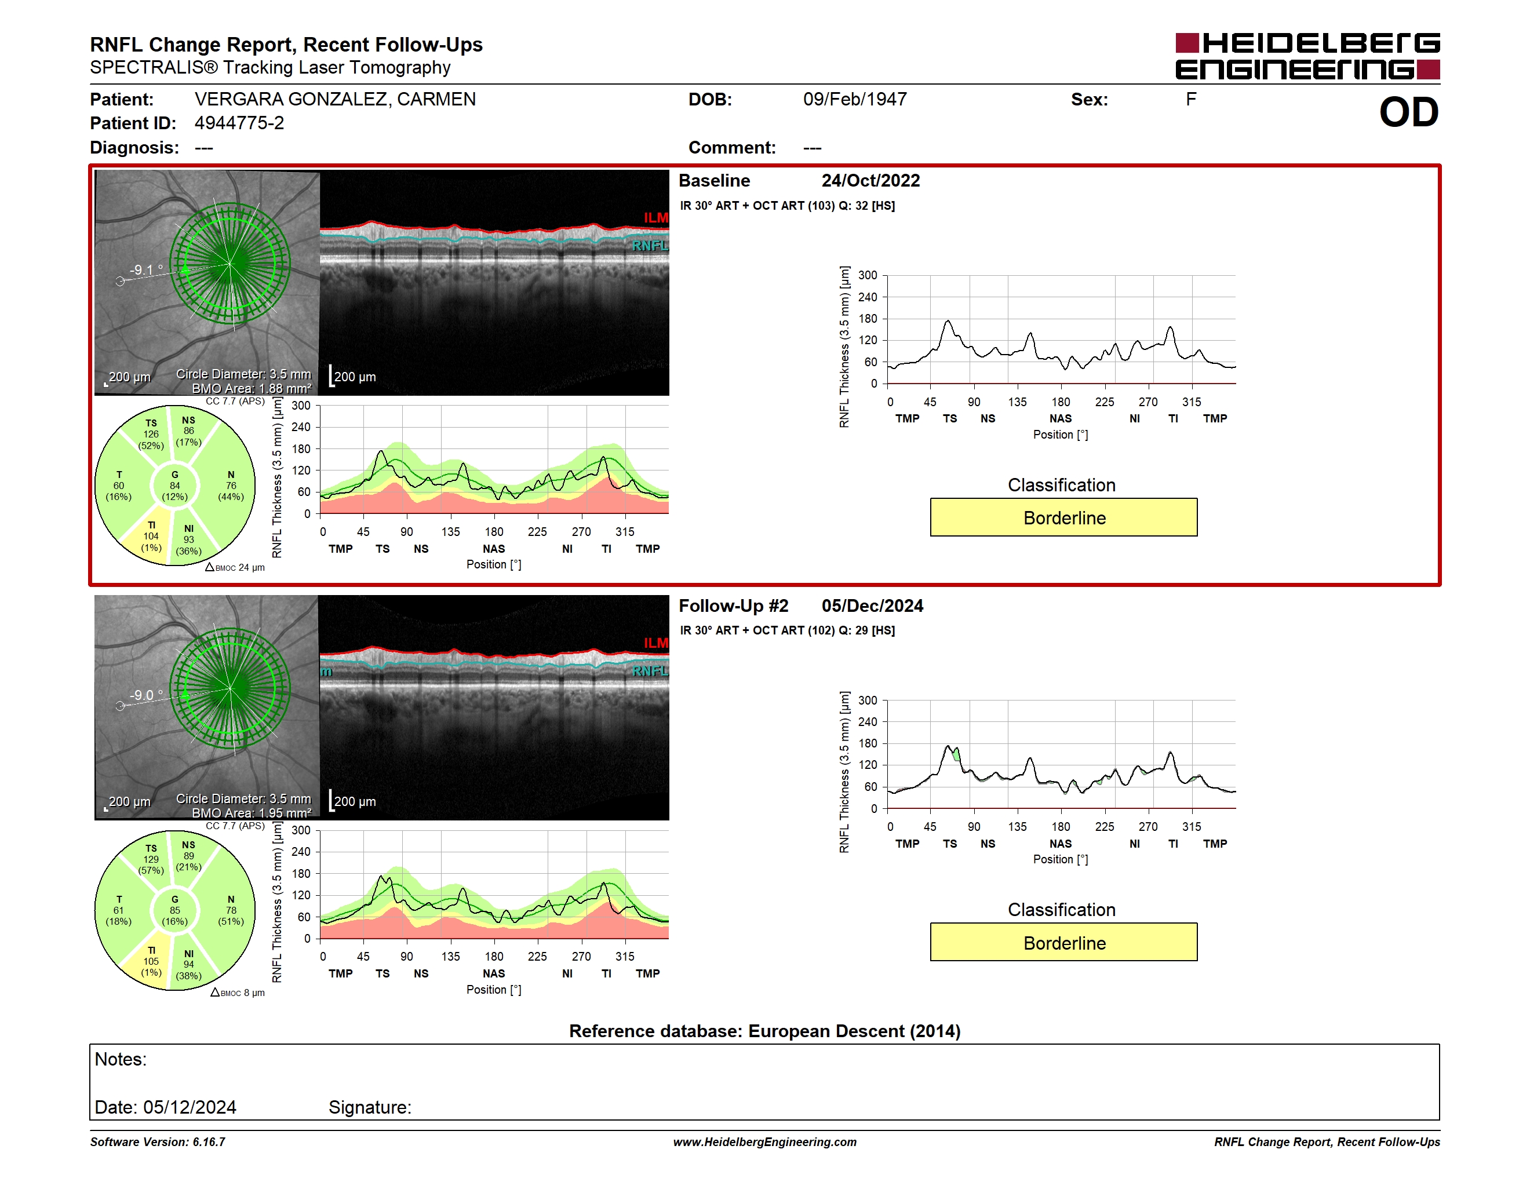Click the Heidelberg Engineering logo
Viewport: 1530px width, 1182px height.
[1307, 56]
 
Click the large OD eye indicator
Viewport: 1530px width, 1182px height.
[1408, 112]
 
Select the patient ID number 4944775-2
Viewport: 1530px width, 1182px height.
[239, 123]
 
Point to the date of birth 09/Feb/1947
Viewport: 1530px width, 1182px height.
[855, 100]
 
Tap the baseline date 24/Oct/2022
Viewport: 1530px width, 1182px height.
[871, 181]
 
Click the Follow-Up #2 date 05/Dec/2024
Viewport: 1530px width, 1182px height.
[872, 605]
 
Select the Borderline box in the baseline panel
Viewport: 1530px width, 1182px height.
[1063, 517]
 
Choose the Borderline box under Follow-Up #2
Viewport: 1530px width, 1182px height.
[1063, 943]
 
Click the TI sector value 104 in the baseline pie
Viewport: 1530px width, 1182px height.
[151, 537]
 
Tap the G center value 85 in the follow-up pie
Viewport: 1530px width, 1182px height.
[175, 910]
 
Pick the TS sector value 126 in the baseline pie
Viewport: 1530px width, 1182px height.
[151, 434]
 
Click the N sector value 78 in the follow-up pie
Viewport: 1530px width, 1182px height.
[231, 910]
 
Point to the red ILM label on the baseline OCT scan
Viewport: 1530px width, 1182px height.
[655, 218]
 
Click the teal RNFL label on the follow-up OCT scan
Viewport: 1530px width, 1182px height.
[650, 671]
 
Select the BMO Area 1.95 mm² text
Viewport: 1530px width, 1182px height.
[252, 813]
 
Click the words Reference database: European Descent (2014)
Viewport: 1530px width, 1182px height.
[765, 1031]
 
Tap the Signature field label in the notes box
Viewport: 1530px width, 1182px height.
[370, 1107]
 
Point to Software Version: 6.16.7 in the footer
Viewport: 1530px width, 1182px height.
[158, 1141]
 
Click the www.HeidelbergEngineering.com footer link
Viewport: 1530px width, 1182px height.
[765, 1141]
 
